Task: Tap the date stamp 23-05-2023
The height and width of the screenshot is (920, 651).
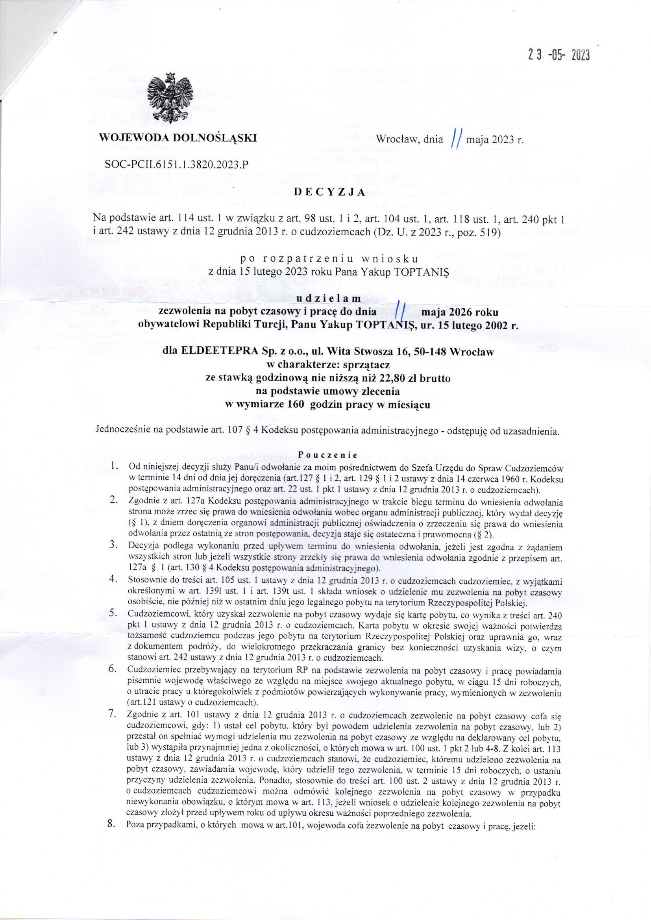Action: tap(559, 56)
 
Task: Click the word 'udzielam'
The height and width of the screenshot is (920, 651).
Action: tap(328, 299)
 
